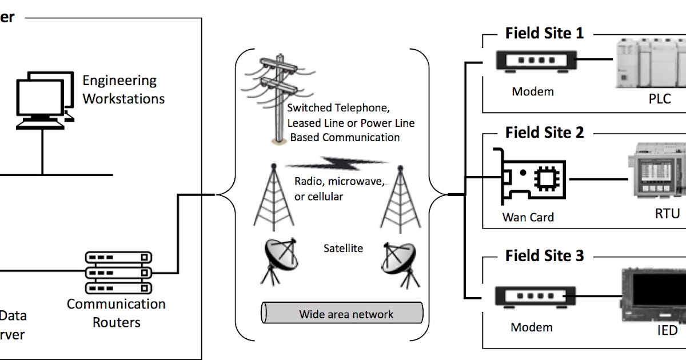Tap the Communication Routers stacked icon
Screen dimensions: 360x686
click(119, 273)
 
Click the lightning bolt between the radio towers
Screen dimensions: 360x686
click(336, 163)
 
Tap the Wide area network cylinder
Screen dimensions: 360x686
click(342, 314)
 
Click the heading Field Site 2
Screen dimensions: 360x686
click(544, 133)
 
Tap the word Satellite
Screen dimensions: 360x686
click(343, 248)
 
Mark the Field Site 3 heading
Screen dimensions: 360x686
click(544, 255)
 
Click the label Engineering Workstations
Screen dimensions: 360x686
click(123, 90)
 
